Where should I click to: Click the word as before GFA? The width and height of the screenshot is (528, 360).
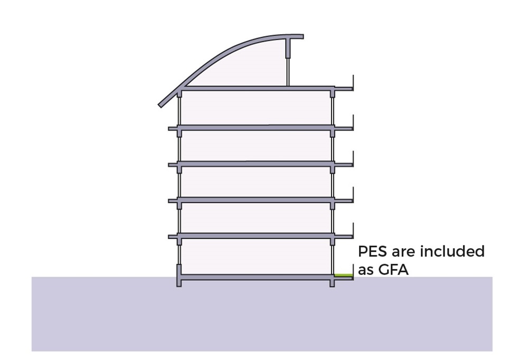point(366,270)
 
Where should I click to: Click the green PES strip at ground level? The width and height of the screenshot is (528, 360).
point(343,275)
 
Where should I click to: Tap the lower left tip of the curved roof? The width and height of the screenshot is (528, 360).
point(161,104)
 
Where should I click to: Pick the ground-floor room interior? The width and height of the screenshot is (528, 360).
point(256,257)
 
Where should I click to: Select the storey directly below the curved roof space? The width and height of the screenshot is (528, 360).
point(256,108)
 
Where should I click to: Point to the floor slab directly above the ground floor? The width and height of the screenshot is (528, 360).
point(256,235)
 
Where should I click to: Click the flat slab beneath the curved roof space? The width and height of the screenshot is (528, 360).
point(256,88)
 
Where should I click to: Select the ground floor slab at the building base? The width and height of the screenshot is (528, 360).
point(256,277)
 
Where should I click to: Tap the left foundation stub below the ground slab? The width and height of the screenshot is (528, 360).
point(179,283)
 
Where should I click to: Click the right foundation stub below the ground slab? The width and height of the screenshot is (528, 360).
point(332,283)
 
